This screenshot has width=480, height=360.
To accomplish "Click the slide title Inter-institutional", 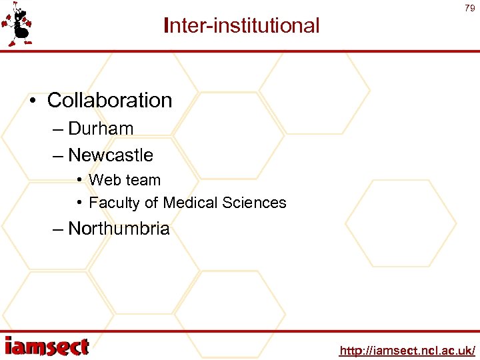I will coord(241,26).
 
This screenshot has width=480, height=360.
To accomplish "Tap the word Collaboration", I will coord(110,101).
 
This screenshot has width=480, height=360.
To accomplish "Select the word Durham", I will coord(101,129).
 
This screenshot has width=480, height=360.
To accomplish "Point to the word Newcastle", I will coord(111,155).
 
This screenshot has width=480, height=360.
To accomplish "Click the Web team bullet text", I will coord(125,180).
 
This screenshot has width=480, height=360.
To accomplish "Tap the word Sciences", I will coord(256,203).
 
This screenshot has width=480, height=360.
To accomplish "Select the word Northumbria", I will coord(119,229).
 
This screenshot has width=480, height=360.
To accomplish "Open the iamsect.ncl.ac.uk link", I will coord(407,350).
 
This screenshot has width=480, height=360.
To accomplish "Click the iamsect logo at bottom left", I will coord(47,346).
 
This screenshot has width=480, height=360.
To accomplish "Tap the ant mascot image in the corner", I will coord(18,25).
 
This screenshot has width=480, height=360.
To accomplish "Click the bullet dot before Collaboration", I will coord(33,101).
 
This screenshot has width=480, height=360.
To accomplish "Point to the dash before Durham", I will coord(58,129).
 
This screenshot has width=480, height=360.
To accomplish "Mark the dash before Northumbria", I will coord(58,229).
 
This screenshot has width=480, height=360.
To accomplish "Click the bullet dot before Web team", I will coord(79,180).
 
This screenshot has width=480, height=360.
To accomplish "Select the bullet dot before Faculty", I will coord(79,203).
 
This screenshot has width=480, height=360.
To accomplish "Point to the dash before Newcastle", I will coord(58,156).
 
